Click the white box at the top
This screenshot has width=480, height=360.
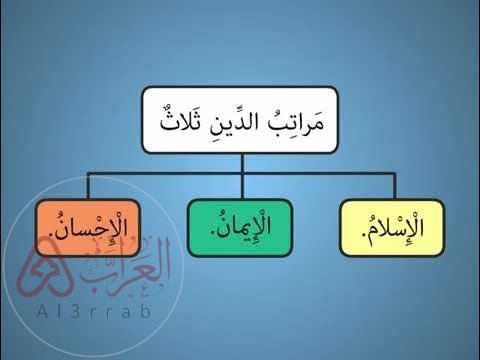[240, 119]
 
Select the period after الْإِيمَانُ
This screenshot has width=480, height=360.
[211, 235]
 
